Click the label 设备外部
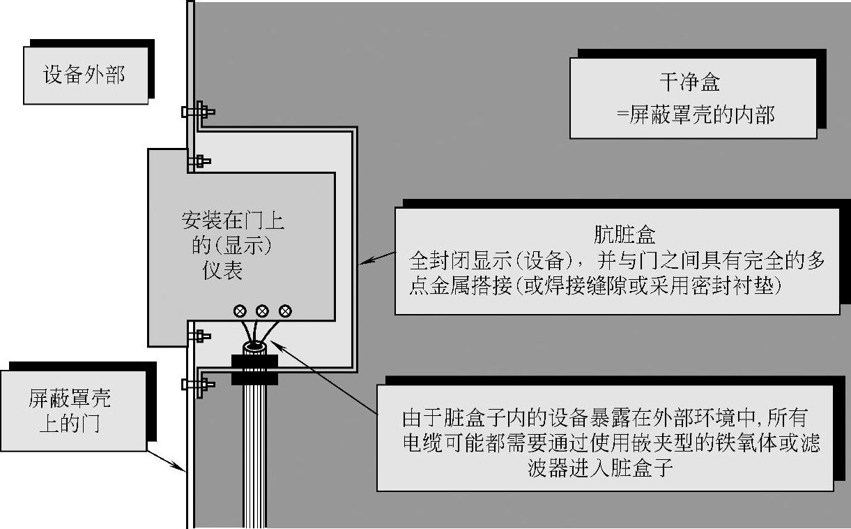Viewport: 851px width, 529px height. click(x=84, y=75)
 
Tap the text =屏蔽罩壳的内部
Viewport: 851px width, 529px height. click(x=695, y=114)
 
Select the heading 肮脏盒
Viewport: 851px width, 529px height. click(x=616, y=234)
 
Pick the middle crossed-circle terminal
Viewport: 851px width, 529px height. click(x=263, y=311)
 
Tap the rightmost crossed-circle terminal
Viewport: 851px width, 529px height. click(x=284, y=311)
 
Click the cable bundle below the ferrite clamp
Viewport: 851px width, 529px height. click(x=254, y=454)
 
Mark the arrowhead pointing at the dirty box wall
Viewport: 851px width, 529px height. click(x=364, y=262)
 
